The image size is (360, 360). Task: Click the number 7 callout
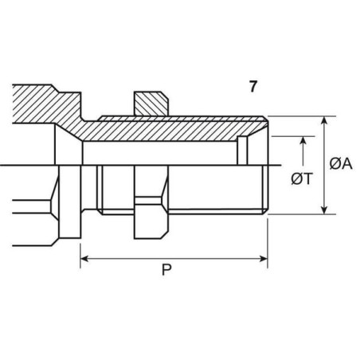point(253,87)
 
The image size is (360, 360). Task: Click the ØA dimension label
point(341,163)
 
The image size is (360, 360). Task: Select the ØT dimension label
point(302,178)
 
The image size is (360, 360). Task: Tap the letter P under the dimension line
point(166,270)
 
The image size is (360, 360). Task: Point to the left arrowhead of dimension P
point(84,259)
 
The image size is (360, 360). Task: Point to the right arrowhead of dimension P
point(264,259)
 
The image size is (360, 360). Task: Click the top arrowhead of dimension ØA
point(324,120)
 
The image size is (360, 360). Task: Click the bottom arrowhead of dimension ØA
point(324,209)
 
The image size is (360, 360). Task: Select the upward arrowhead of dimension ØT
point(303,141)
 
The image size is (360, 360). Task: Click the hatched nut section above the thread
point(151,104)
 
